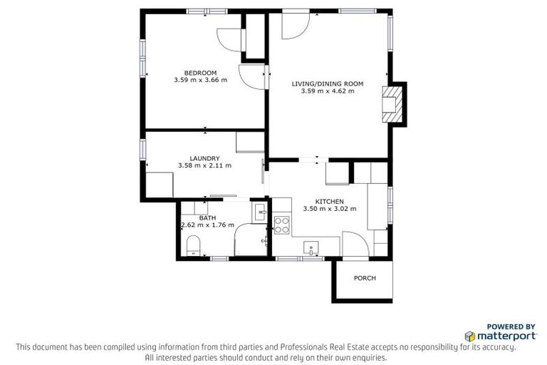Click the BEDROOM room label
point(200,73)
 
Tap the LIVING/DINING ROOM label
point(328,84)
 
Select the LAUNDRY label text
point(204,158)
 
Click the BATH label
point(207,217)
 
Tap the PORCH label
point(364,278)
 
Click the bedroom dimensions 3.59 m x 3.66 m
point(200,80)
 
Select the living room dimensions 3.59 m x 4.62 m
point(328,91)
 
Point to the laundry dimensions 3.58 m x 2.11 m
point(204,165)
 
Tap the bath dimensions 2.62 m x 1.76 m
point(208,225)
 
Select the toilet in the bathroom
point(193,248)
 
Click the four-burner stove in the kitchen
point(282,225)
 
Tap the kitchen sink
point(312,247)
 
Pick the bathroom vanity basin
point(260,211)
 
